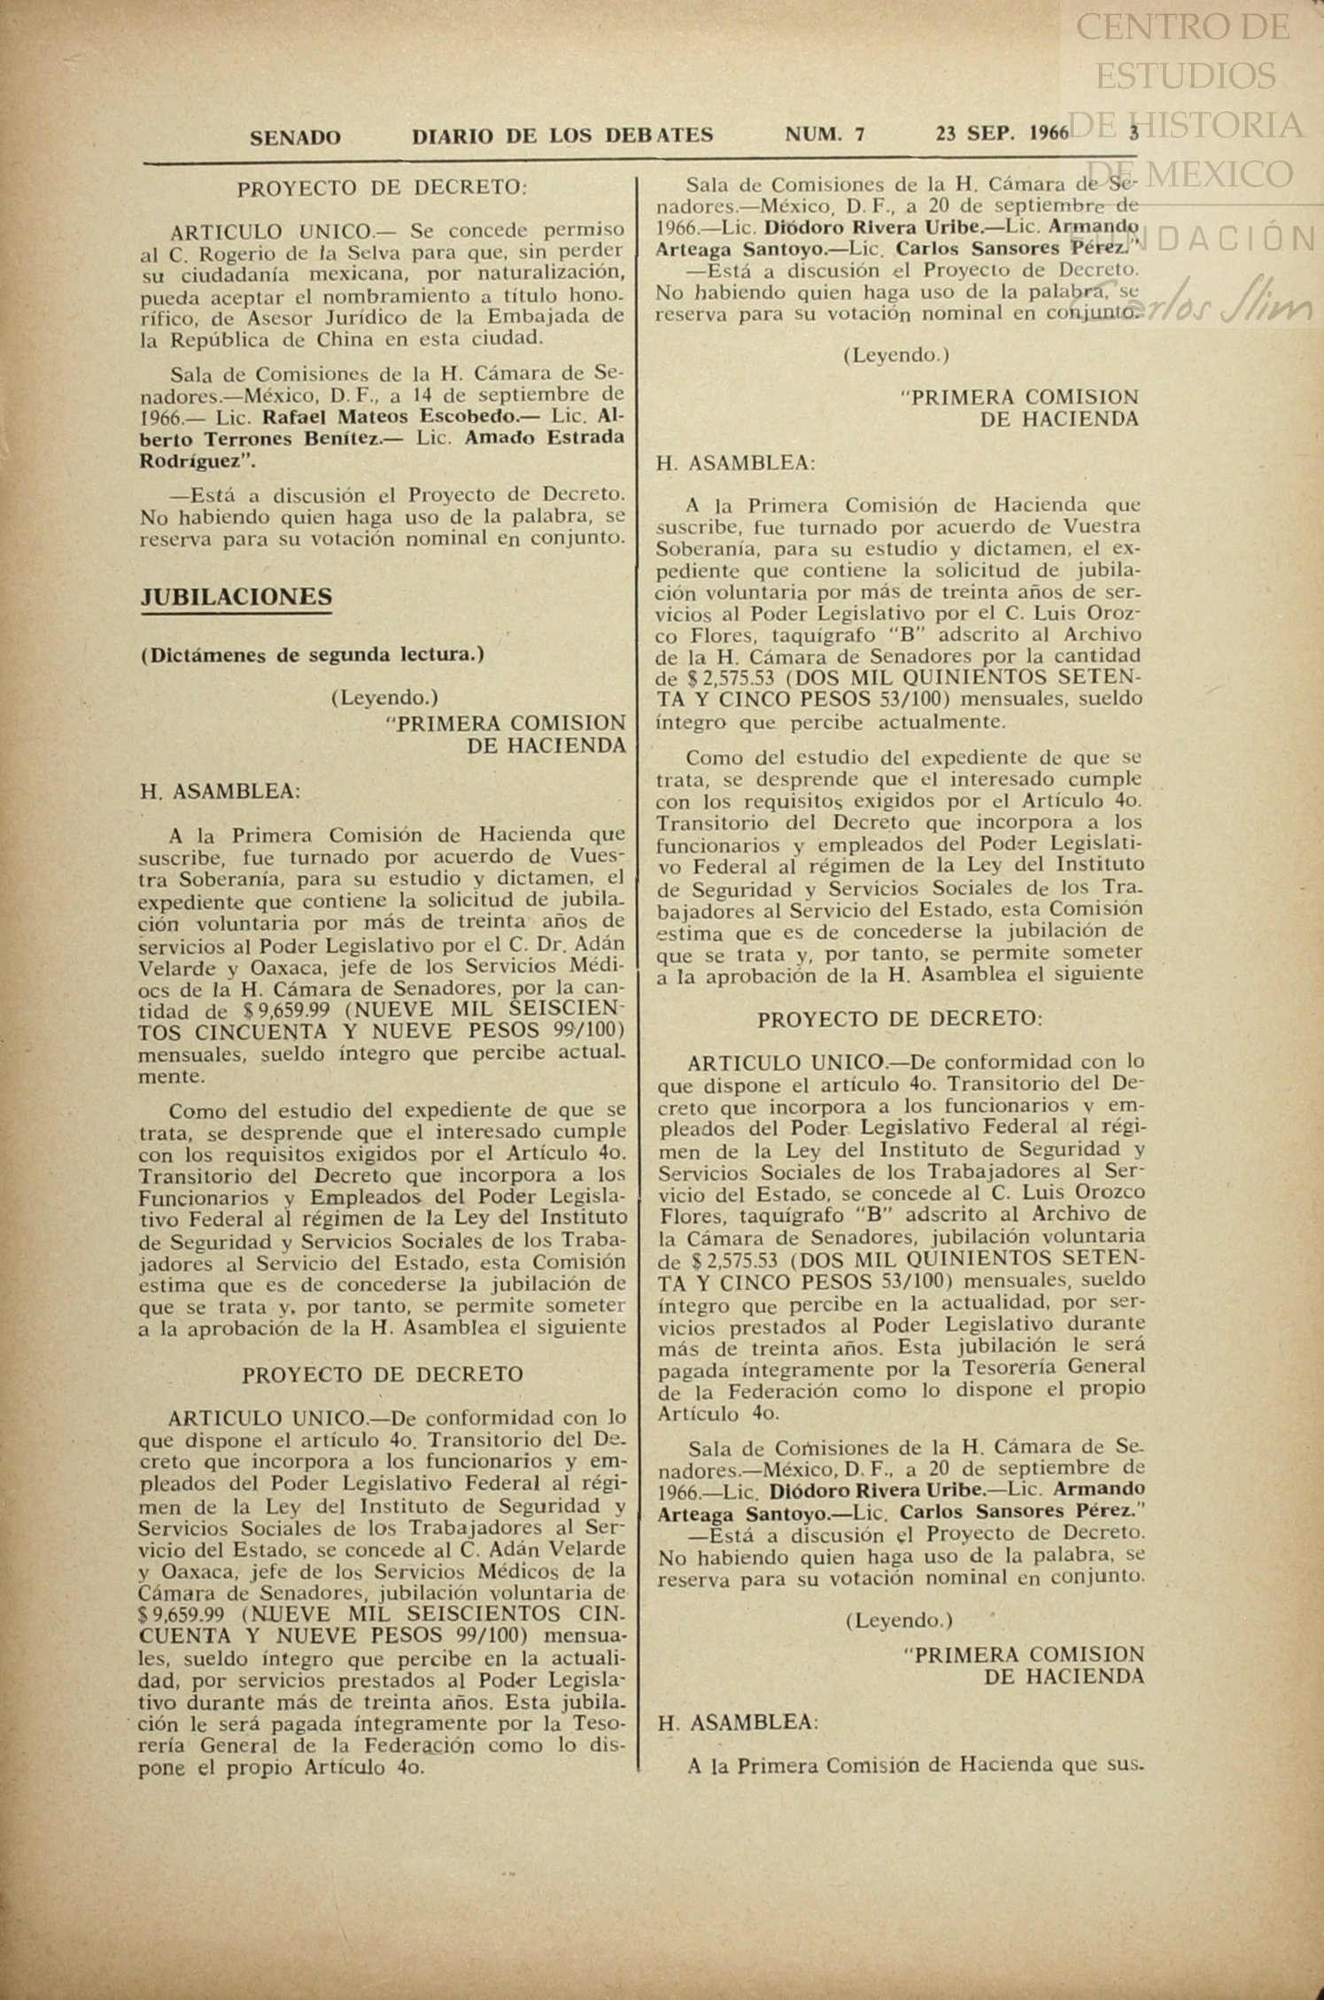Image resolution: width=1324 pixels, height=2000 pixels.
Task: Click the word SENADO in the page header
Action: click(x=295, y=138)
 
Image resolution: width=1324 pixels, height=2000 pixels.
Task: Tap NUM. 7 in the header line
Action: click(x=825, y=135)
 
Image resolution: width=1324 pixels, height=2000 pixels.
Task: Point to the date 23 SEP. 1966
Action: click(x=1002, y=134)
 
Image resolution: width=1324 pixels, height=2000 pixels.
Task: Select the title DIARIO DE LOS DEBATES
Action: click(x=562, y=136)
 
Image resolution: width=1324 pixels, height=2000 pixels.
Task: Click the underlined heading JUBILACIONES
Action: click(x=236, y=597)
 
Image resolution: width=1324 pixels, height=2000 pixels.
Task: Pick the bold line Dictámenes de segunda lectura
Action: click(x=312, y=656)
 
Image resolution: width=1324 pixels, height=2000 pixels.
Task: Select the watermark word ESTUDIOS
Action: click(x=1185, y=75)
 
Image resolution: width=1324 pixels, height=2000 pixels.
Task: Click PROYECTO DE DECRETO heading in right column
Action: click(x=899, y=1019)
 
